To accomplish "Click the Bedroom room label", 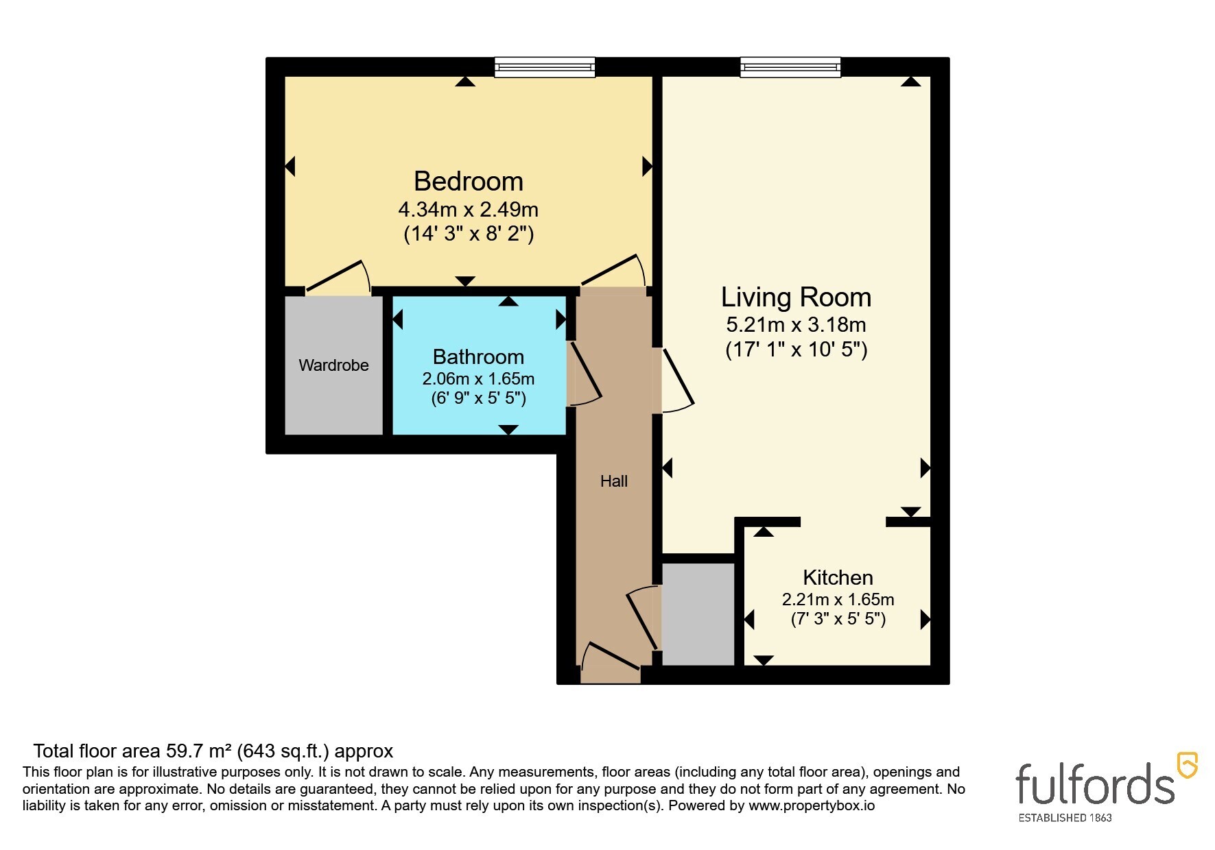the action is [469, 182].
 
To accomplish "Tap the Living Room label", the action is [796, 297].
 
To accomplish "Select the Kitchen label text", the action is [838, 577].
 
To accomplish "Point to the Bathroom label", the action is [478, 357].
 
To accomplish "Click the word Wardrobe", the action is [333, 365].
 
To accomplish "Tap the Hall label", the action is [614, 481].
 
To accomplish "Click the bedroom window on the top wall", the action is [545, 67].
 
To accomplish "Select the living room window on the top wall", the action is [790, 67].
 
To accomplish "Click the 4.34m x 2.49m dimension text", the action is [468, 209].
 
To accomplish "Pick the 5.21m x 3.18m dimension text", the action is [796, 325].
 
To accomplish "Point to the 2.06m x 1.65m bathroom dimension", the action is [478, 379].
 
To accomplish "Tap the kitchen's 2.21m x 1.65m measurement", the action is [838, 600].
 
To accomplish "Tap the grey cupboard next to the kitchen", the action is [698, 614].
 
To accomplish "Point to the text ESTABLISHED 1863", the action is [1065, 818].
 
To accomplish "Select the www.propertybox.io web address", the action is [812, 806].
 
